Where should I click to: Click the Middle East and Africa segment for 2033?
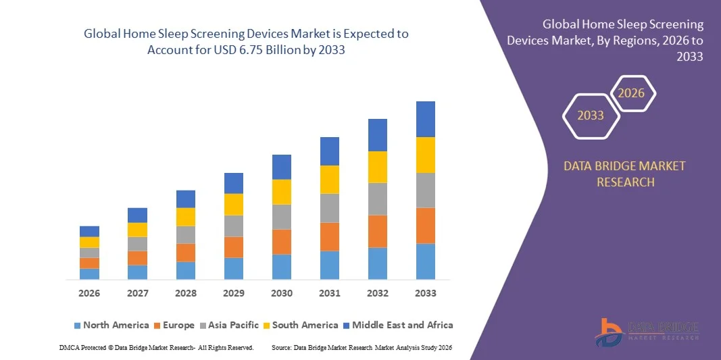pyautogui.click(x=425, y=119)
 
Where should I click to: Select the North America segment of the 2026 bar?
pyautogui.click(x=89, y=274)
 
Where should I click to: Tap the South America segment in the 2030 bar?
pyautogui.click(x=282, y=192)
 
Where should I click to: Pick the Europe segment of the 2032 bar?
pyautogui.click(x=377, y=231)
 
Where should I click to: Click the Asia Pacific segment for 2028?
pyautogui.click(x=186, y=234)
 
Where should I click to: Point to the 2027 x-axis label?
pyautogui.click(x=137, y=293)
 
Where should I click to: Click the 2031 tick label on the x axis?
pyautogui.click(x=330, y=293)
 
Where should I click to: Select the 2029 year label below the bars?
pyautogui.click(x=234, y=293)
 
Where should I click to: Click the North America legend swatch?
pyautogui.click(x=77, y=326)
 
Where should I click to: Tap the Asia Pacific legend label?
pyautogui.click(x=233, y=325)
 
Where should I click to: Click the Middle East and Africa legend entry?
pyautogui.click(x=402, y=325)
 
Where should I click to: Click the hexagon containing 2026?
pyautogui.click(x=632, y=93)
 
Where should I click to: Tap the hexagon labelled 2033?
pyautogui.click(x=591, y=115)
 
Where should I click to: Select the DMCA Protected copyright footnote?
pyautogui.click(x=156, y=346)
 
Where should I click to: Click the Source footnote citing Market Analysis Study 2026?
pyautogui.click(x=362, y=346)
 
